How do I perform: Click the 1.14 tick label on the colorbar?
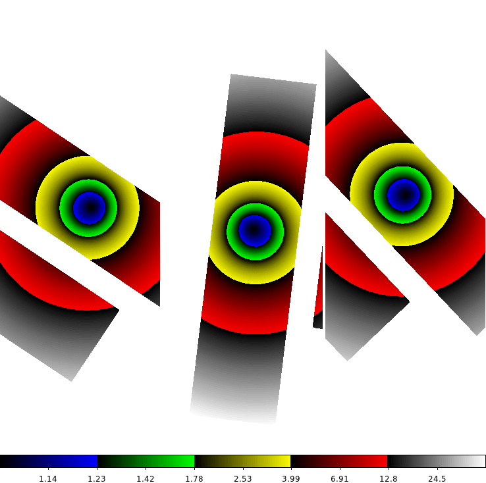point(47,478)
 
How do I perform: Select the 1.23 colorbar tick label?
point(96,478)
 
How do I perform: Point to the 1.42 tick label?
point(146,478)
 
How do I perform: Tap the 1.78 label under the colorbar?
point(194,478)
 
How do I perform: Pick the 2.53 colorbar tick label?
point(243,478)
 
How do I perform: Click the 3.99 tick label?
point(290,478)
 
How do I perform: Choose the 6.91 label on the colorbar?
point(340,478)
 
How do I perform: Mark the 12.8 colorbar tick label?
point(389,478)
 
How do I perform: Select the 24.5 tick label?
point(437,478)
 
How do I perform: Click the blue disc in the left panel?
point(90,208)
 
